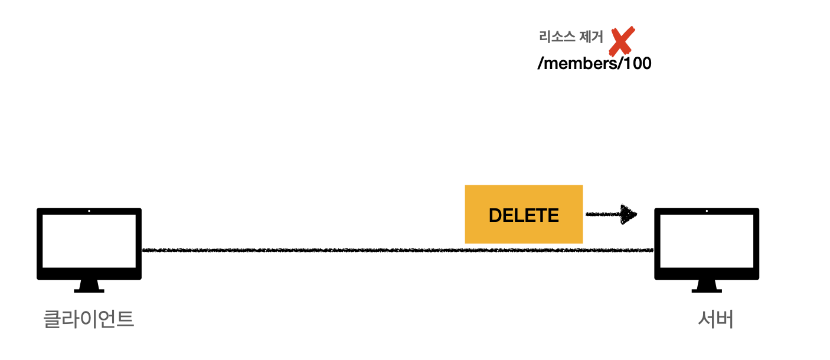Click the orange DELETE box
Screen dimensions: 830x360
[524, 214]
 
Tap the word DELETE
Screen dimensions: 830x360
[524, 215]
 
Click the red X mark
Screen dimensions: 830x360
[622, 41]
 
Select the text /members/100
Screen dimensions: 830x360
[594, 64]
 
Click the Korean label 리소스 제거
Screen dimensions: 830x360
[571, 37]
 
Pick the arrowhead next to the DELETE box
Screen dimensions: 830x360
[630, 215]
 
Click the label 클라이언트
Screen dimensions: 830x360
[89, 319]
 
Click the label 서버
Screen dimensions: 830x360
[715, 319]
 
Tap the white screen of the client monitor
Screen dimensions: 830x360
[89, 241]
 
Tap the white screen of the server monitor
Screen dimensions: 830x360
[707, 241]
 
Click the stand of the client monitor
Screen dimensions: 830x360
[89, 287]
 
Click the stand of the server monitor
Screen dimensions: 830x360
[707, 287]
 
